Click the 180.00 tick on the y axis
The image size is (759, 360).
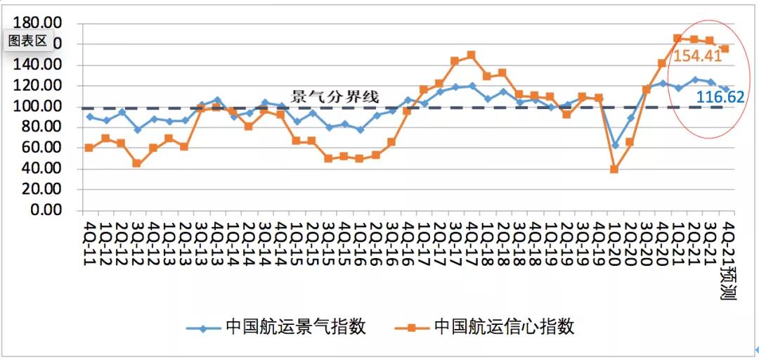point(42,24)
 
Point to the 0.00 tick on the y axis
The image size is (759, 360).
point(50,210)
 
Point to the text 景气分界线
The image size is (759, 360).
point(336,97)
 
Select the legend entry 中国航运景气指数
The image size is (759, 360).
point(296,327)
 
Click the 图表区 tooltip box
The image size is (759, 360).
point(27,41)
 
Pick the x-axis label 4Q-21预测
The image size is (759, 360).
point(727,257)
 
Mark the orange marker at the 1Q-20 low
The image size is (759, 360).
point(614,169)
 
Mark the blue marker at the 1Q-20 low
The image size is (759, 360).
point(615,145)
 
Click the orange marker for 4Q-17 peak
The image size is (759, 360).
point(471,55)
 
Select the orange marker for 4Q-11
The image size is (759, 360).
point(89,148)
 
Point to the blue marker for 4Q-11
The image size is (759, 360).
point(89,117)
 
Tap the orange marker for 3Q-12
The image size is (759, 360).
point(137,164)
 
